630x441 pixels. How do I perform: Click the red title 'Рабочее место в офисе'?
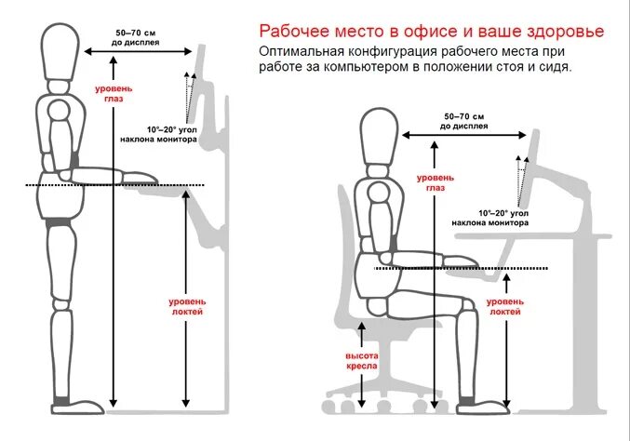372,31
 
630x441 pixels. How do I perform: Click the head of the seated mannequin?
380,137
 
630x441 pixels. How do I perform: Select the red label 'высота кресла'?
360,361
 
